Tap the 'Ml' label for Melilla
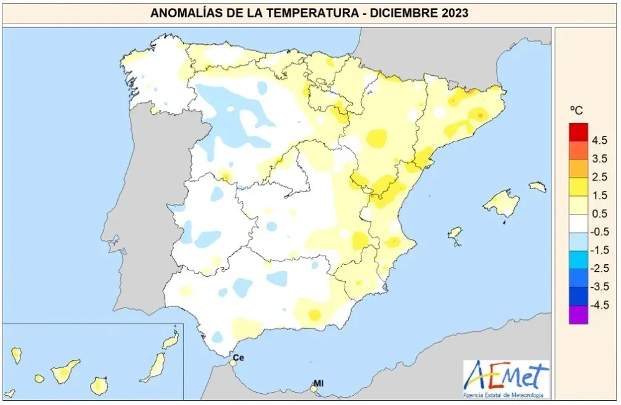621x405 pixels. click(319, 383)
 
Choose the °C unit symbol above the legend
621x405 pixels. click(576, 110)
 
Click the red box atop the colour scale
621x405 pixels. click(578, 132)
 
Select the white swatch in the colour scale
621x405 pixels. click(578, 223)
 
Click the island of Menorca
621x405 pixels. click(537, 186)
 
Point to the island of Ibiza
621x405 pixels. click(455, 234)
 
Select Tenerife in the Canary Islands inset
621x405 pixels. click(64, 372)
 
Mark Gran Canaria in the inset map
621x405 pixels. click(98, 386)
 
